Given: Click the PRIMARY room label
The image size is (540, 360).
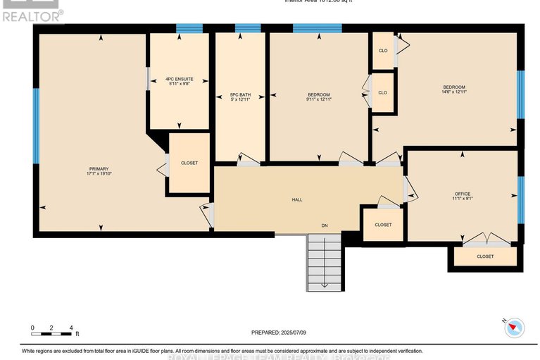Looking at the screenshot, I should coord(99,168).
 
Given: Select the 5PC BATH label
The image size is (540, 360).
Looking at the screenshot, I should coord(240,94).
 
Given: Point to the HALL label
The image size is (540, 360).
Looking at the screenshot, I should coord(297,200).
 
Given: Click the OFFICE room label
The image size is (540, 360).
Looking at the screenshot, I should coord(462,194).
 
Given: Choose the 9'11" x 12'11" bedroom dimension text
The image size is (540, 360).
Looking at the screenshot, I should coord(319,99).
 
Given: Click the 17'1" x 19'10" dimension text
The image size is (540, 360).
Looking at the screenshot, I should coord(99,174).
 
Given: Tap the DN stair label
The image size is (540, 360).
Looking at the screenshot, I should coord(325,226).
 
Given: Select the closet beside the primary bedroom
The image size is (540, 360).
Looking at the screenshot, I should coord(189,163).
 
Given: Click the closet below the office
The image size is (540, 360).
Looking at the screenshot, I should coord(485,256).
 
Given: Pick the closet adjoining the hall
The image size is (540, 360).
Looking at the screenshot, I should coord(383,225).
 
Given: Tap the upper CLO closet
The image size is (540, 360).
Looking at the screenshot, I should coord(383,51).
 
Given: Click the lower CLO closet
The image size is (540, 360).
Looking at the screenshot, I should coord(383,92).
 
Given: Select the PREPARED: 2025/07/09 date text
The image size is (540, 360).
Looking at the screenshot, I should coord(279,333).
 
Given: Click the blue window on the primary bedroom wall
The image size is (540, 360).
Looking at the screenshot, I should coord(35,125).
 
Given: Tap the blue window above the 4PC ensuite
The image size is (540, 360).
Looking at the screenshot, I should coord(189,29).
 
